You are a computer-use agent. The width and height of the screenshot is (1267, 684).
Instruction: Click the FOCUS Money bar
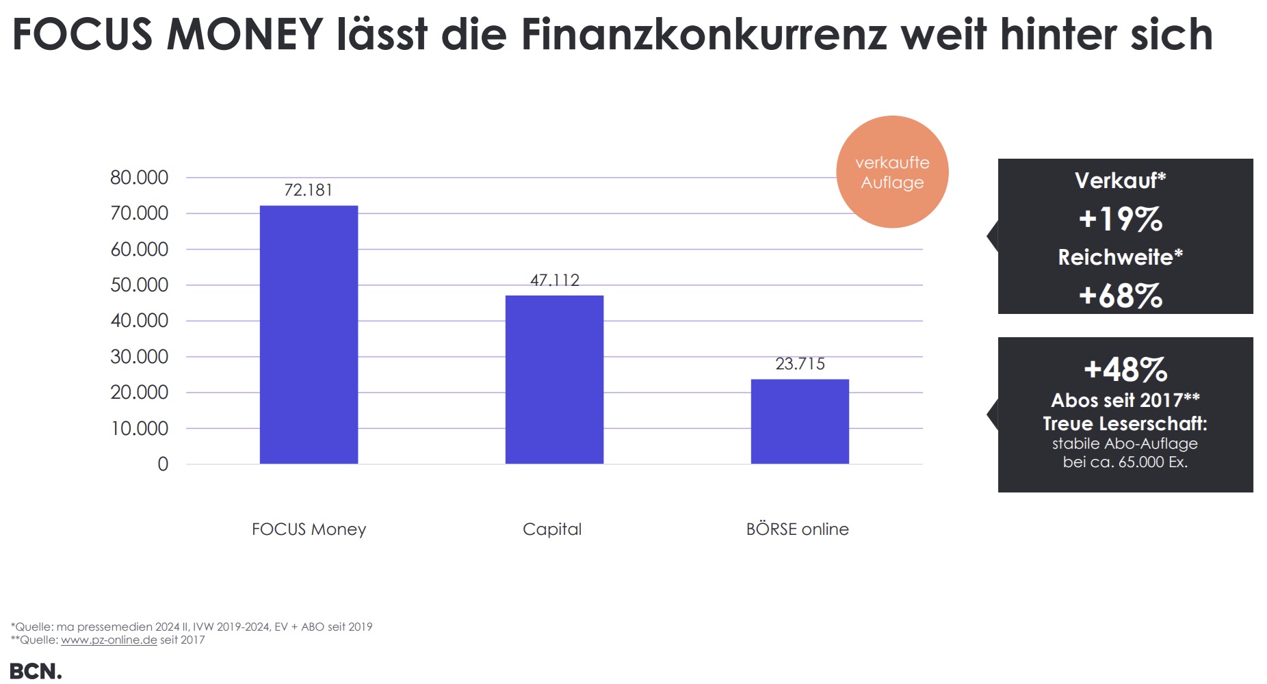click(309, 334)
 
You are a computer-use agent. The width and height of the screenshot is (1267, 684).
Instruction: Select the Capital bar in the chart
click(554, 380)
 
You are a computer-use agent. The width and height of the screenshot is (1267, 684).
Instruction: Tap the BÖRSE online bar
click(800, 421)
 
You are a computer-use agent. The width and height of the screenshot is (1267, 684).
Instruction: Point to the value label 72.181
click(309, 190)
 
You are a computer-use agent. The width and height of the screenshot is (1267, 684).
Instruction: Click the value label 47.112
click(554, 280)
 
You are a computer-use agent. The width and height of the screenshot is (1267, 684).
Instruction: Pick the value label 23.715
click(800, 364)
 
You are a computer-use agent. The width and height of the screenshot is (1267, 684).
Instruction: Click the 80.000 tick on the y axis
click(140, 178)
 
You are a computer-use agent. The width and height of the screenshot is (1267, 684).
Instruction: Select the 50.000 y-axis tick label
click(140, 285)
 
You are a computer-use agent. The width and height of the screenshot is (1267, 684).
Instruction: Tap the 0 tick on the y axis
click(163, 464)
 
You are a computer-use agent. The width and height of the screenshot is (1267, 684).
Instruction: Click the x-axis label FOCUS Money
click(309, 529)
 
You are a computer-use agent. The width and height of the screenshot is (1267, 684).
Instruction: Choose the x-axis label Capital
click(552, 529)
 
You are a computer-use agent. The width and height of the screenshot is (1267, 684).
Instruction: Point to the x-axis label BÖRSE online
click(797, 529)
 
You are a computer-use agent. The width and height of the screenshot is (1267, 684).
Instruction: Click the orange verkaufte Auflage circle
click(892, 172)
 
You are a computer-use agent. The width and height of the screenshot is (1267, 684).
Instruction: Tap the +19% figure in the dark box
click(1121, 220)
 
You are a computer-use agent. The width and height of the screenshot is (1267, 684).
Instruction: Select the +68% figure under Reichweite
click(1121, 296)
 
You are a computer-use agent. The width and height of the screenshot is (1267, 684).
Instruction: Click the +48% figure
click(1125, 370)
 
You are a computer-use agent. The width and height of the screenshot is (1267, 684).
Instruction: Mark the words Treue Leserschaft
click(1125, 424)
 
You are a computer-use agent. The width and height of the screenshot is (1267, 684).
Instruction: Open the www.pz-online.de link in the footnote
click(109, 640)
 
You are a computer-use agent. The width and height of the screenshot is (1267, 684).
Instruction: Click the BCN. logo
click(36, 671)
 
